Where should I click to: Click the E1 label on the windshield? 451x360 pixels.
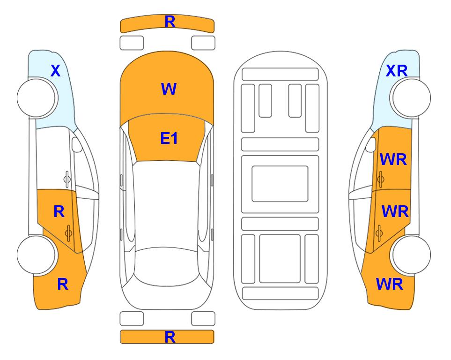pos(169,138)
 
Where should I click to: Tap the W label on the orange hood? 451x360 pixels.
pos(169,89)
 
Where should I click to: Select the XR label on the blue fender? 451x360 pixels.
pos(397,71)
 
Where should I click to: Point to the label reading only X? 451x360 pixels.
pos(56,71)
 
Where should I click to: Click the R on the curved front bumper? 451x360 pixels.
pos(170,22)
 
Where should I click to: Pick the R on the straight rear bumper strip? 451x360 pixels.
pos(170,337)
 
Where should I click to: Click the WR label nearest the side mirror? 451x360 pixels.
pos(393,159)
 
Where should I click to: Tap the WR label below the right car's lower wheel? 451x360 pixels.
pos(390,284)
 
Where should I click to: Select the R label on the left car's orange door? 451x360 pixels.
pos(59,212)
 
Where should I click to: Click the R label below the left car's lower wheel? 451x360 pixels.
pos(63,284)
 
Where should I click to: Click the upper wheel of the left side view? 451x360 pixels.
pos(36,98)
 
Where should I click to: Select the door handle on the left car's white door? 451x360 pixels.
pos(67,180)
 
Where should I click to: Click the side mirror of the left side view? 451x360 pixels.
pos(76,144)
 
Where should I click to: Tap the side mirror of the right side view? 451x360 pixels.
pos(371,144)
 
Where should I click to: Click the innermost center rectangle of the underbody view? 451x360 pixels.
pos(280,184)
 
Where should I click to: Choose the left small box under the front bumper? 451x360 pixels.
pos(132,43)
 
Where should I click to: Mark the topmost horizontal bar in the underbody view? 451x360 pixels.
pos(280,75)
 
